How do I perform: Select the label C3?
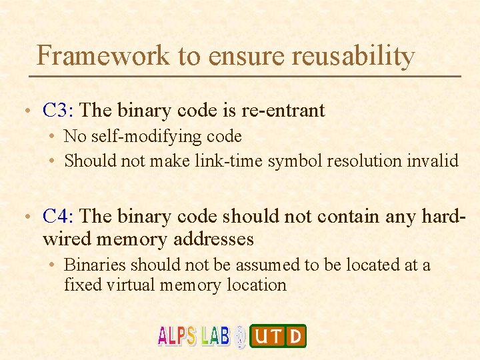[59, 110]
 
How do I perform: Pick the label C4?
[59, 216]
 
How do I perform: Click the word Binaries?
[95, 265]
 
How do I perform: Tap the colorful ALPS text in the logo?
[177, 335]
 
